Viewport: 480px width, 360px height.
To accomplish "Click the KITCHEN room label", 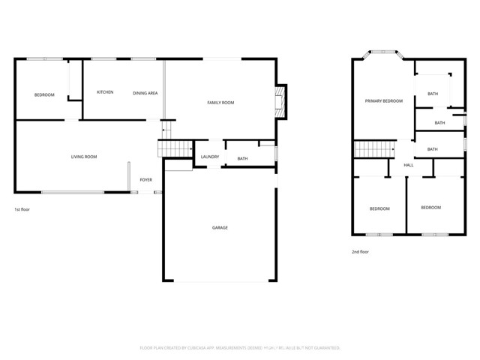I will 105,92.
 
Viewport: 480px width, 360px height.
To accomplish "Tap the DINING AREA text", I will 145,93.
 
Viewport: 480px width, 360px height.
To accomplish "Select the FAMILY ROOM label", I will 220,102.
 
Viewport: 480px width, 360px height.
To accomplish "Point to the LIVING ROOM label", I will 84,157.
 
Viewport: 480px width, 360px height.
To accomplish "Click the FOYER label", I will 145,180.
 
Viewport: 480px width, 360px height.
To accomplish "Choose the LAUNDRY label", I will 209,157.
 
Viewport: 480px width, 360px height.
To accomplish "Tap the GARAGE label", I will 220,227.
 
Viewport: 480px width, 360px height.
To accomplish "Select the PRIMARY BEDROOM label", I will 383,100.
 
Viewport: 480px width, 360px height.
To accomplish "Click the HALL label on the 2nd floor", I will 409,165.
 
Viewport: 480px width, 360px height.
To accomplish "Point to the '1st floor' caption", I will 22,209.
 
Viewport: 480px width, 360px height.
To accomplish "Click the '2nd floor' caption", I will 361,252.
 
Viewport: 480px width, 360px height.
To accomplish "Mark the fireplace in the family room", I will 280,100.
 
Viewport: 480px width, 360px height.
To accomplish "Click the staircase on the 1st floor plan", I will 172,147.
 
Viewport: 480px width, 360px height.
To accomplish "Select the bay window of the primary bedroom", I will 383,53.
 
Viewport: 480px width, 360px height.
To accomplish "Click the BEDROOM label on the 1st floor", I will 44,94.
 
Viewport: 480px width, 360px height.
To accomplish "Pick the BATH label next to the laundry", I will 242,158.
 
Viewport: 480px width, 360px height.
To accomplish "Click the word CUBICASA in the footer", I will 193,348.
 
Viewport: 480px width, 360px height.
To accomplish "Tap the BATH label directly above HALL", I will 433,149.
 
